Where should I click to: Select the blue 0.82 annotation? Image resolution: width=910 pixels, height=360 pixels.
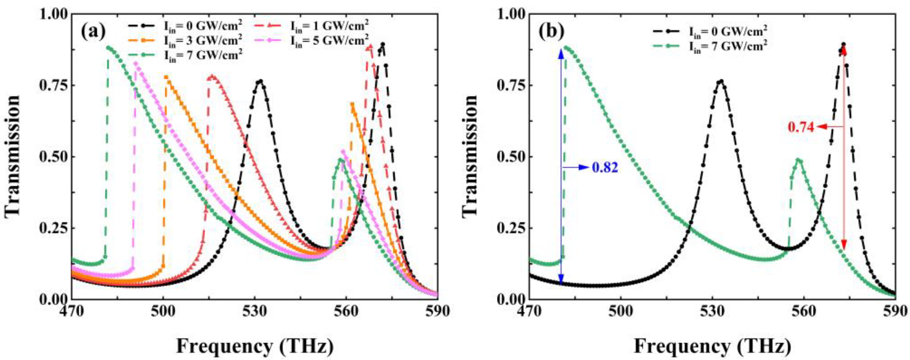pyautogui.click(x=605, y=167)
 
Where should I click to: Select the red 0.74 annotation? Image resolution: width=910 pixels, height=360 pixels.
pyautogui.click(x=801, y=137)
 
